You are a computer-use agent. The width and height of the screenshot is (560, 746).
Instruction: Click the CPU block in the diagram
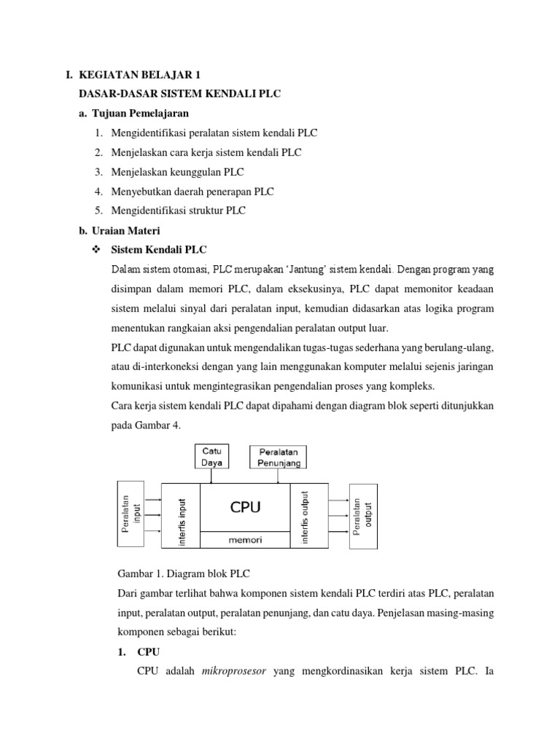click(x=245, y=506)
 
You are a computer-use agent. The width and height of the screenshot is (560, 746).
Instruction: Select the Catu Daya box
click(x=211, y=456)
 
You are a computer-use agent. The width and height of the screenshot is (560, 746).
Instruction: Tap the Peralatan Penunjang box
click(x=279, y=457)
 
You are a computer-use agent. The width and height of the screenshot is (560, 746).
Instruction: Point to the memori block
click(x=245, y=540)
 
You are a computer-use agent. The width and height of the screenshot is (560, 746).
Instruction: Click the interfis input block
click(x=181, y=516)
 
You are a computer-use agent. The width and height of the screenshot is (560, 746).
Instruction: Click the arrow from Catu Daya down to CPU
click(x=211, y=475)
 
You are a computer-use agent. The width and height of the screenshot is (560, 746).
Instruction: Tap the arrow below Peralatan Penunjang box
click(x=279, y=475)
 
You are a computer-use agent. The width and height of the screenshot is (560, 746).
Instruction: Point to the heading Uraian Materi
click(x=128, y=231)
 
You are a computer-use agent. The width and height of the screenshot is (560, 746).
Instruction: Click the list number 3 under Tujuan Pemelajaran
click(x=97, y=172)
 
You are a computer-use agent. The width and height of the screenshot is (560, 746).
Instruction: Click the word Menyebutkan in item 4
click(x=142, y=192)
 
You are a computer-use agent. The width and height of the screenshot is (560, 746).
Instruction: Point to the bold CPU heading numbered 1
click(x=148, y=651)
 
